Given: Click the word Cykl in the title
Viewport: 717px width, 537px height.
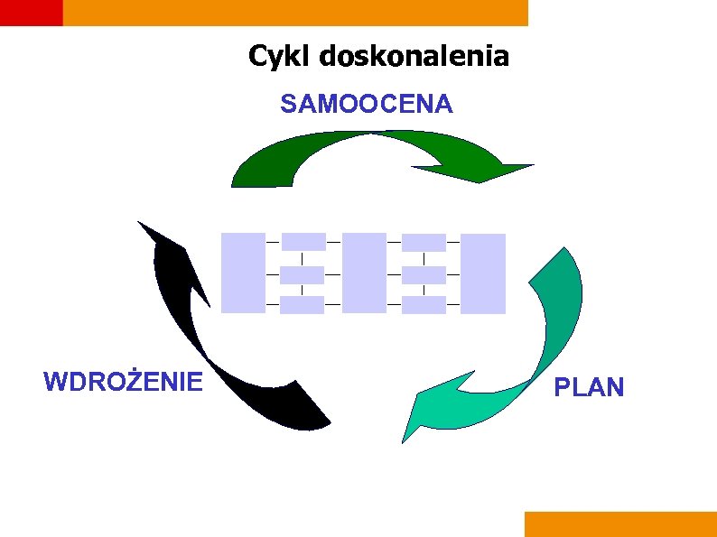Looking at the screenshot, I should tap(277, 57).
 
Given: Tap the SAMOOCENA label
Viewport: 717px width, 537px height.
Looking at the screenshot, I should tap(367, 105).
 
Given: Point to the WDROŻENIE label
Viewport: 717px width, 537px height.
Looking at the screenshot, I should tap(123, 382).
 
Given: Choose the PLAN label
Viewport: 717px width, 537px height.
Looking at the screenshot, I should tap(589, 388).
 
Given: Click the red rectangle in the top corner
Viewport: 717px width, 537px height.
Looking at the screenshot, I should tap(31, 12).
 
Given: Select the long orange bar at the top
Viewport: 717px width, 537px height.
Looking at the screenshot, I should tap(295, 12).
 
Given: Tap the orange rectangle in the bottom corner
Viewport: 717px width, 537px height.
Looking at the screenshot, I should tap(620, 524).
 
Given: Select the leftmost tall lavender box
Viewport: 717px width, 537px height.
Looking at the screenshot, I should tap(243, 273).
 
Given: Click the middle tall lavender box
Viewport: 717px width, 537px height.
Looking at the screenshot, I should tap(364, 273).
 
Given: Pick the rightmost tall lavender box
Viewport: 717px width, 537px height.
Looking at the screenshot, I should tap(484, 273).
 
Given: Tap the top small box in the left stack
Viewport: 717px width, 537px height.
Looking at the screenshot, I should tap(303, 242).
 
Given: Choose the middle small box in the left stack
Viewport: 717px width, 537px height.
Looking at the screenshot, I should tap(302, 275).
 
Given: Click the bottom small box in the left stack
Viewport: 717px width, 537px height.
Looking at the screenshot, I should tap(302, 305).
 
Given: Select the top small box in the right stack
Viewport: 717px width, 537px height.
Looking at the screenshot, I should tap(424, 242).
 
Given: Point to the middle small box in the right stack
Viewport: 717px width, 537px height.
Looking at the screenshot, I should tap(424, 275).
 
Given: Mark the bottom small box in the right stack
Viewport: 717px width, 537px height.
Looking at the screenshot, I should tap(424, 305).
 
